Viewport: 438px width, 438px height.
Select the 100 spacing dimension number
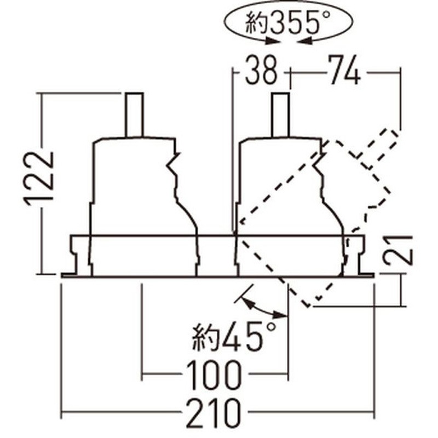(x=214, y=375)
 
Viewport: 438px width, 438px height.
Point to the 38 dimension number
(x=262, y=70)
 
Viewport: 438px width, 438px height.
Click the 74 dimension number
(x=344, y=70)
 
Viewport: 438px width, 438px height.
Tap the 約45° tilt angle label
(x=234, y=337)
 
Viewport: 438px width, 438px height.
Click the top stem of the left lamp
(x=134, y=114)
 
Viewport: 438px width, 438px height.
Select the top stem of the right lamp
(x=280, y=114)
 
